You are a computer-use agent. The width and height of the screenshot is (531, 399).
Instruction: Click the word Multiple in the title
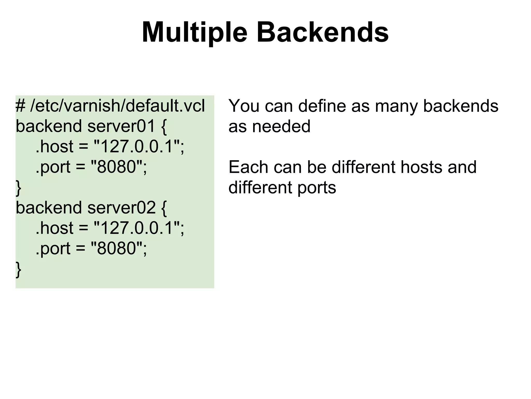pyautogui.click(x=194, y=33)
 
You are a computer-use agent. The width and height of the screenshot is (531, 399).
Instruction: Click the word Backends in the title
pyautogui.click(x=323, y=33)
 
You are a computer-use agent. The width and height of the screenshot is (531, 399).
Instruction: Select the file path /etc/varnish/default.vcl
pyautogui.click(x=117, y=106)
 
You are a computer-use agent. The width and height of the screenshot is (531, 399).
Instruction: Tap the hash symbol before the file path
pyautogui.click(x=20, y=106)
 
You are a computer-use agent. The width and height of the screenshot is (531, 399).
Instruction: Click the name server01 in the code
pyautogui.click(x=121, y=126)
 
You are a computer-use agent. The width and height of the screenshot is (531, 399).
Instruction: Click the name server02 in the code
pyautogui.click(x=121, y=208)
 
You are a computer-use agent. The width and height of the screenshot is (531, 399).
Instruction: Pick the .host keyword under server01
pyautogui.click(x=54, y=147)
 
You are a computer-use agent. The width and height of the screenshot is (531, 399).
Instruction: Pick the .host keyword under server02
pyautogui.click(x=54, y=228)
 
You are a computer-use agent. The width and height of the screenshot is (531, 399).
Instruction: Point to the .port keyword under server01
pyautogui.click(x=53, y=167)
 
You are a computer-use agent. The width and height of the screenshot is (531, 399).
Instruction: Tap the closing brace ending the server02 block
pyautogui.click(x=18, y=270)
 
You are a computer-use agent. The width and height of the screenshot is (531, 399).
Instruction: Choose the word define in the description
pyautogui.click(x=322, y=106)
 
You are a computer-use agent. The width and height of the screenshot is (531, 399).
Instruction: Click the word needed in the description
pyautogui.click(x=281, y=126)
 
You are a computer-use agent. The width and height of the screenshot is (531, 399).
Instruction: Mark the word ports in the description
pyautogui.click(x=317, y=188)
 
